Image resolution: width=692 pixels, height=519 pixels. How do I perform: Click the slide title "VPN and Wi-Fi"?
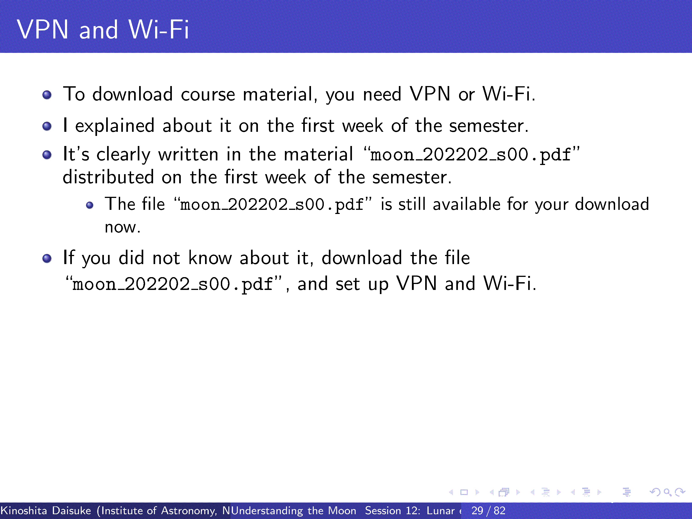pyautogui.click(x=103, y=30)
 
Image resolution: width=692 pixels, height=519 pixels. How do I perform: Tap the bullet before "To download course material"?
pyautogui.click(x=47, y=95)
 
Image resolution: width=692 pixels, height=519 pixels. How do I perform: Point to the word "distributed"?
pyautogui.click(x=108, y=177)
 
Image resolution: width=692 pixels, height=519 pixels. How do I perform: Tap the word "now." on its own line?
pyautogui.click(x=123, y=227)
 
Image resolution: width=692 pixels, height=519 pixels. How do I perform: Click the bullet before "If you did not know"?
pyautogui.click(x=47, y=258)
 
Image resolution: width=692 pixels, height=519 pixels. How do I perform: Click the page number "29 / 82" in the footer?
pyautogui.click(x=488, y=511)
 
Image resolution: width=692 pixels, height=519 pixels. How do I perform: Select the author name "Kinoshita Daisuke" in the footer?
pyautogui.click(x=46, y=511)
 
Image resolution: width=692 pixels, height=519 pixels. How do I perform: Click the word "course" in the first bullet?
pyautogui.click(x=208, y=95)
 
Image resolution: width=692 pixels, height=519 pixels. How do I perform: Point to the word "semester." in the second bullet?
pyautogui.click(x=489, y=126)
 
